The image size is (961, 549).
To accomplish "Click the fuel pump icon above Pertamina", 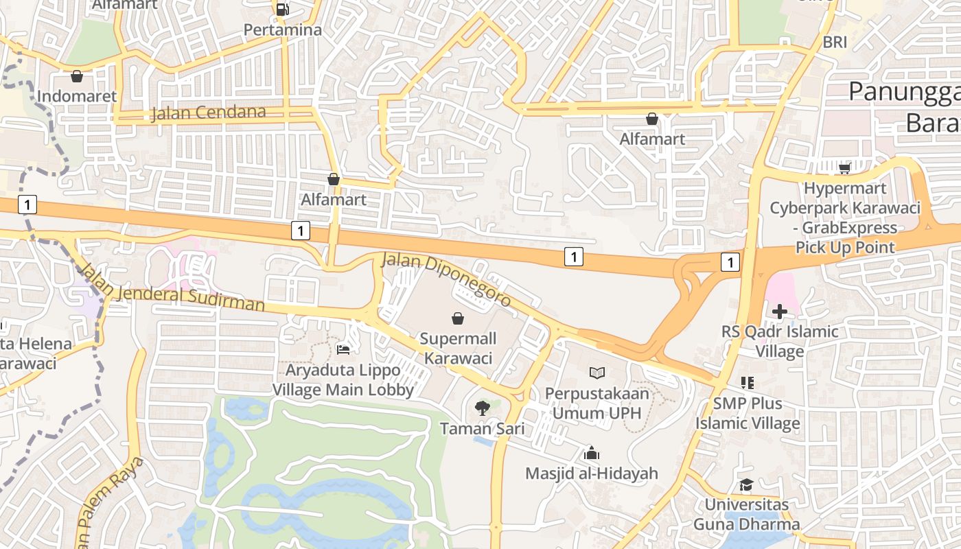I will click(282, 9).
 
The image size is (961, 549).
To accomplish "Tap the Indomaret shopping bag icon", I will click(77, 75).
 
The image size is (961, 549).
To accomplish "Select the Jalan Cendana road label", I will click(208, 113).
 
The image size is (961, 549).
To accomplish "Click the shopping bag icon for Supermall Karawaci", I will click(458, 318).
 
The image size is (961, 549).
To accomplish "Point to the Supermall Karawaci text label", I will click(458, 349).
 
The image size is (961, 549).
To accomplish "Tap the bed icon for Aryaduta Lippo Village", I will click(343, 350).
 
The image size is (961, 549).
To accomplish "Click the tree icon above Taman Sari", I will click(483, 408).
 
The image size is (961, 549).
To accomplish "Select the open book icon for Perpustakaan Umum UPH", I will click(597, 373).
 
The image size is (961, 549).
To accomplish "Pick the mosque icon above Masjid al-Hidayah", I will click(591, 453).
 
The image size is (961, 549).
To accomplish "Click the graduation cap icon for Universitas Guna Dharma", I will click(746, 485).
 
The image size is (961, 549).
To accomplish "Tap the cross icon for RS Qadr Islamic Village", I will click(779, 312).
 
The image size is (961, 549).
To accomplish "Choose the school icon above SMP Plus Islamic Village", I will click(748, 383).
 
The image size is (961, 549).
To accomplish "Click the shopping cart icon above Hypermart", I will click(844, 168).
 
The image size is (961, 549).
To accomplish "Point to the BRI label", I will click(835, 42).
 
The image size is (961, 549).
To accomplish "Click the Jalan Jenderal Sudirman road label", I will click(172, 288).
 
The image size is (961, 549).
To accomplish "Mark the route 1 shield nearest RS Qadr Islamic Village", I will click(730, 261).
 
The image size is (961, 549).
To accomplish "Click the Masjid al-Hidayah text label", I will click(591, 474).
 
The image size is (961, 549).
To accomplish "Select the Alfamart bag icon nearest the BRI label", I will click(651, 119).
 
